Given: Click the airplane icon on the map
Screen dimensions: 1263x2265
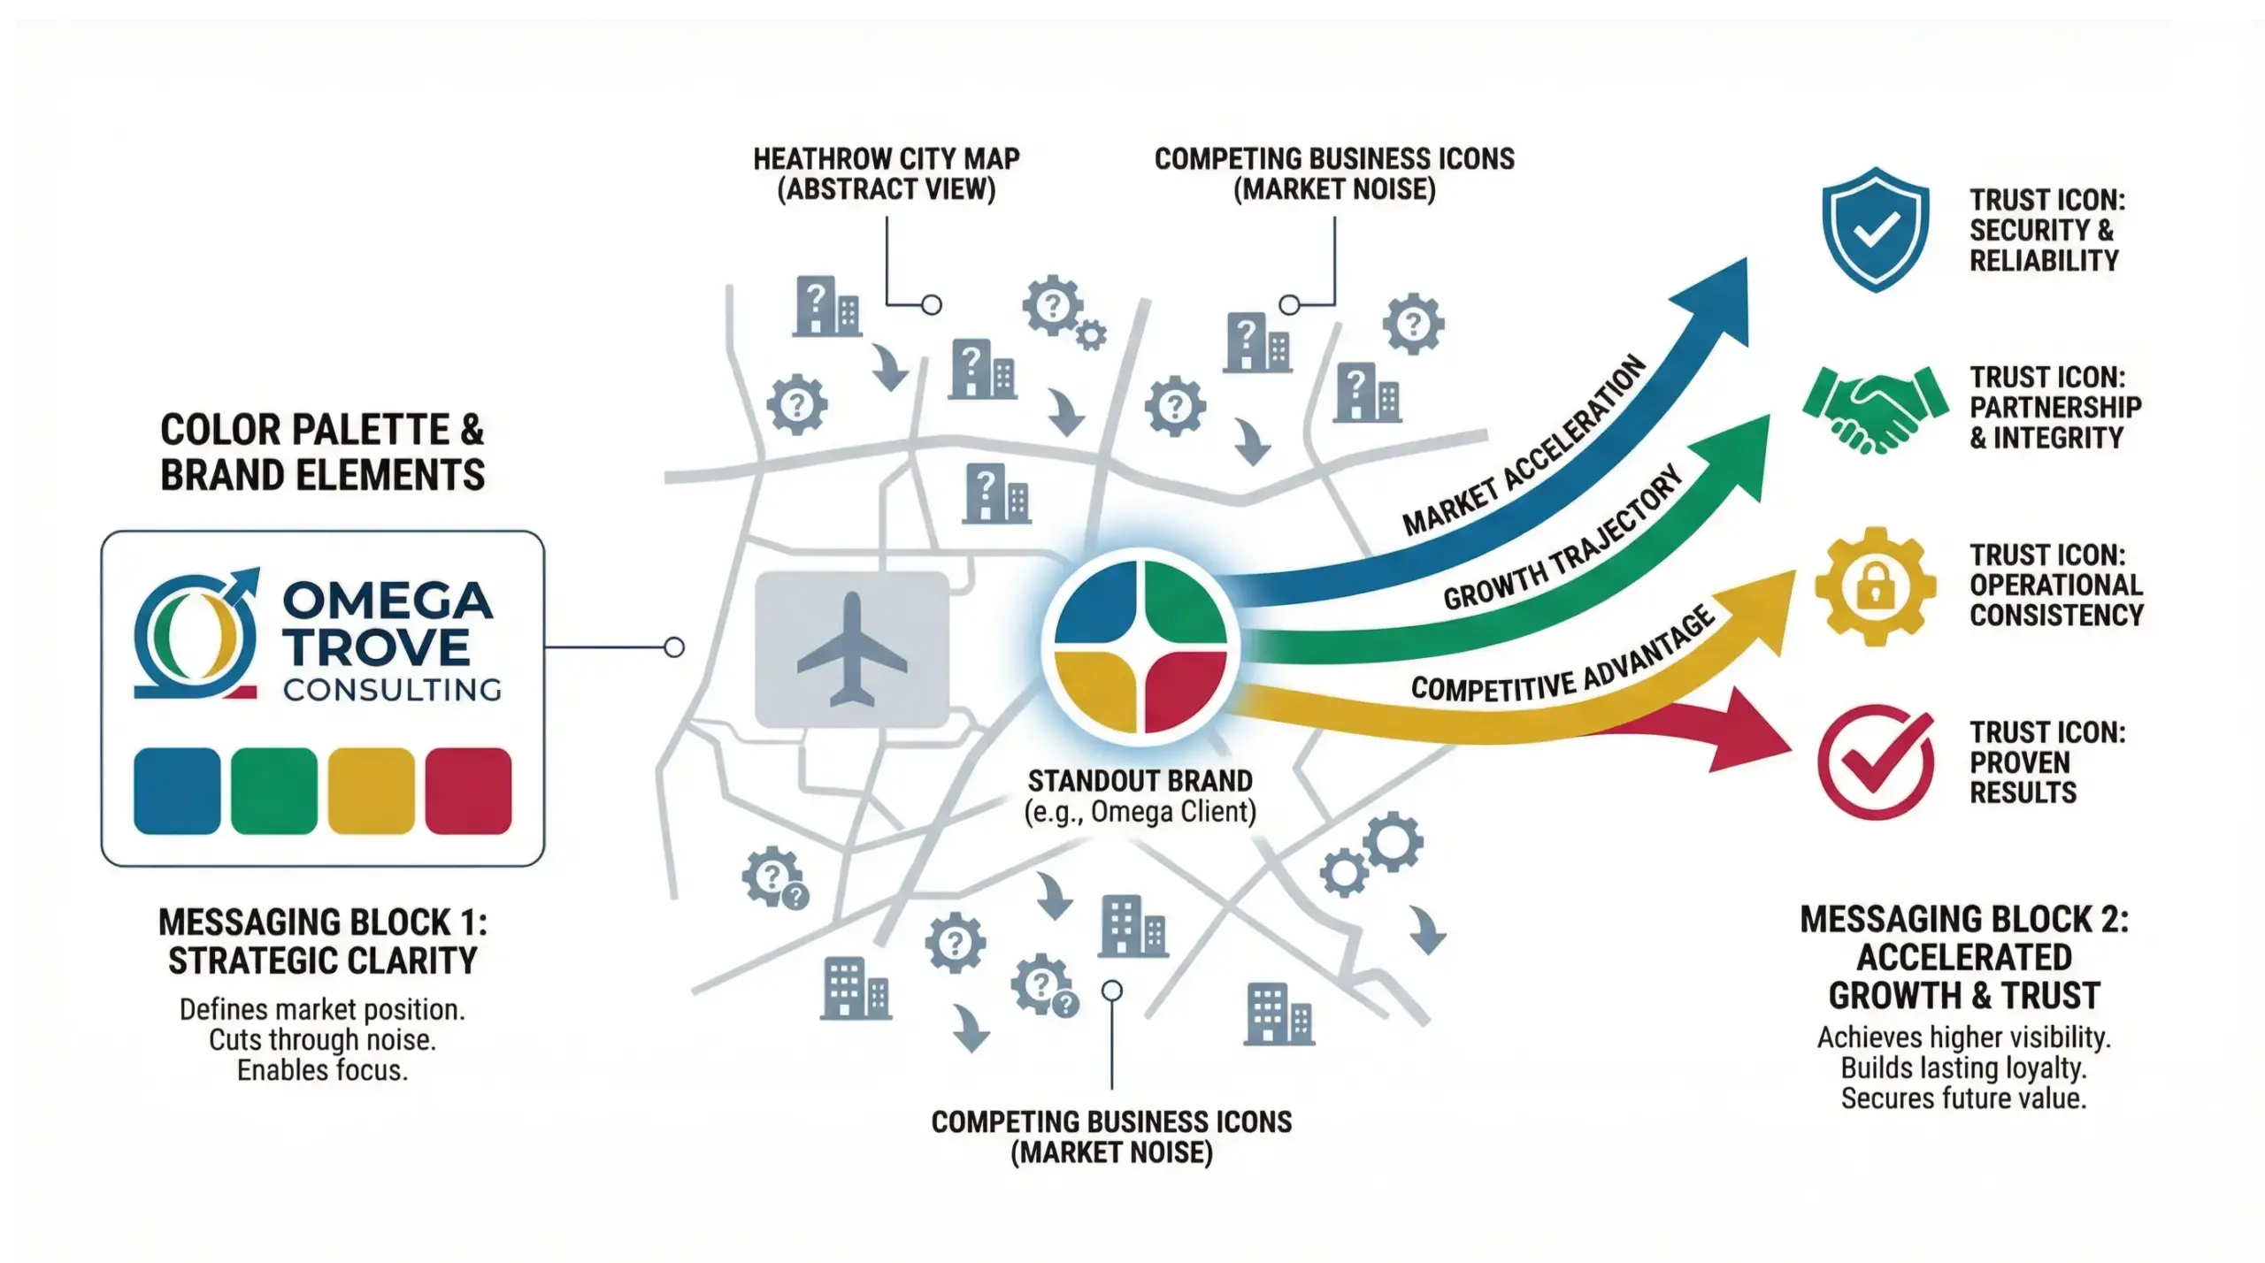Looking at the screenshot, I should point(851,649).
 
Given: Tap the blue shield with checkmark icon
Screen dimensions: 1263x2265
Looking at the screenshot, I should point(1875,229).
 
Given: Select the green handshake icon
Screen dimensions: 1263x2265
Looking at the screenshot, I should point(1875,409).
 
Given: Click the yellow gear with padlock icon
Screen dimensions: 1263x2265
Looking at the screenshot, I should point(1875,586).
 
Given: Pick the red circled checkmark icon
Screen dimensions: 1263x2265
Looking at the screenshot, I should point(1875,762).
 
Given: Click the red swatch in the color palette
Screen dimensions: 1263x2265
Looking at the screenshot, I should point(468,791).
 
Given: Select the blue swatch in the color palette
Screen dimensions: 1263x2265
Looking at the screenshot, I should point(177,791).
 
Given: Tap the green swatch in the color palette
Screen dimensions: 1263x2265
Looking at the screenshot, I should point(274,791).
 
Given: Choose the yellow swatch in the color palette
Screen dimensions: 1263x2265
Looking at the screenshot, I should point(371,791).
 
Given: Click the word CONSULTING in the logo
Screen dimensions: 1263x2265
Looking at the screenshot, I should point(392,690).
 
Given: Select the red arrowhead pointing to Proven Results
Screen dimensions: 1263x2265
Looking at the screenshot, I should point(1756,732).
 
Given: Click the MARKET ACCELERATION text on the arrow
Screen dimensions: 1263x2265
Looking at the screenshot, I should point(1524,446).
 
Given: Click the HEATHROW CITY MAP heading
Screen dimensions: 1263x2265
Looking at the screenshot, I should point(886,159).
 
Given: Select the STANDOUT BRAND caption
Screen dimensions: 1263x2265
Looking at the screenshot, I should point(1140,781).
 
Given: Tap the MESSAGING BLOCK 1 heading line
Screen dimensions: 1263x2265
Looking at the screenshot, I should point(323,922).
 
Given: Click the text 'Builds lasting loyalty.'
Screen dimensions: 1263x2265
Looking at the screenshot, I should point(1963,1068).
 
